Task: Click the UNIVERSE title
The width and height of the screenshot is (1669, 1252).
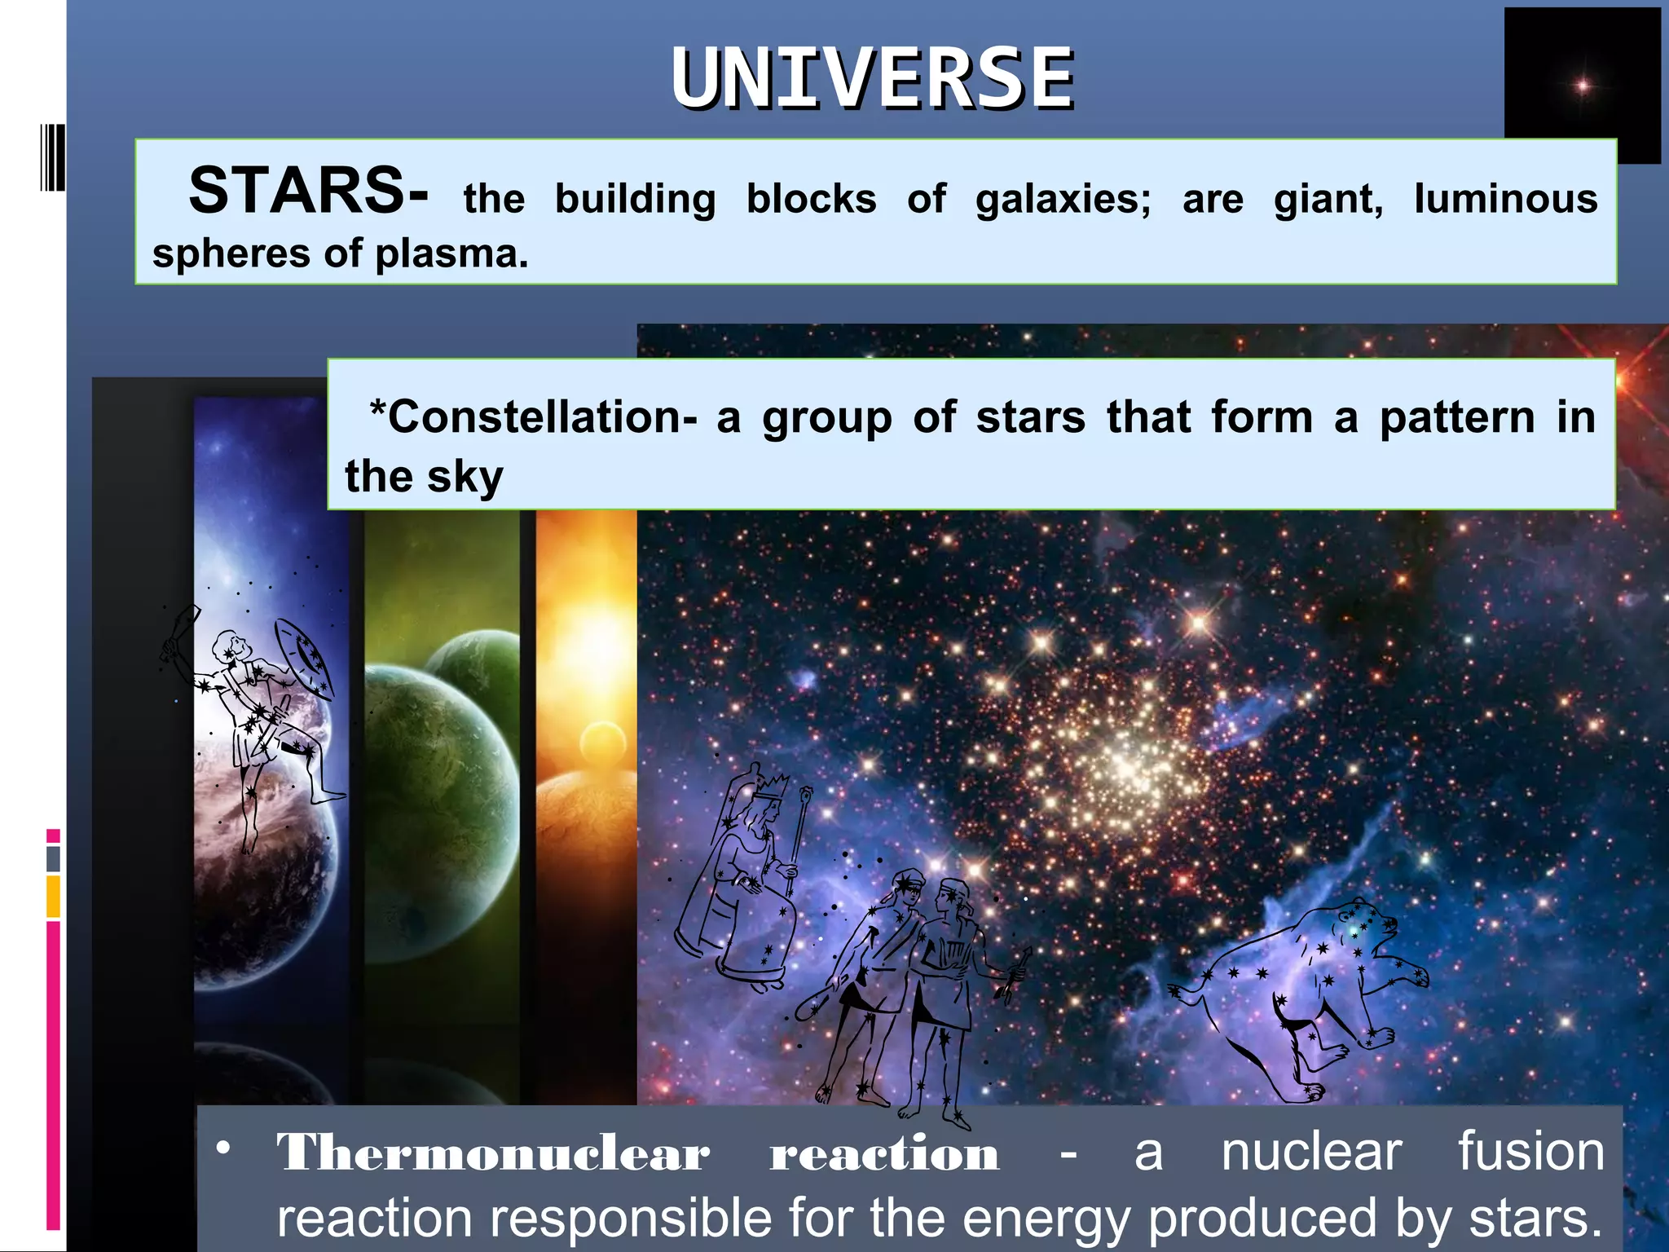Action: [x=872, y=79]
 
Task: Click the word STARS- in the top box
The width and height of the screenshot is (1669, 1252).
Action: [x=308, y=192]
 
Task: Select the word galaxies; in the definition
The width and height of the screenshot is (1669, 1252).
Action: [x=1063, y=200]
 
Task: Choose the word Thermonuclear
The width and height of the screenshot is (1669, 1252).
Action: [x=493, y=1153]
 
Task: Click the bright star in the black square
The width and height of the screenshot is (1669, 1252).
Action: [x=1582, y=86]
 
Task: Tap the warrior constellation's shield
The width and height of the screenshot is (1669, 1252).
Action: [x=303, y=658]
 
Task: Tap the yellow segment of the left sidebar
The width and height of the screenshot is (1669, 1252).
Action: [x=53, y=896]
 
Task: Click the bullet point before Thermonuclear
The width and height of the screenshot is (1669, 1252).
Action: [x=222, y=1148]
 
